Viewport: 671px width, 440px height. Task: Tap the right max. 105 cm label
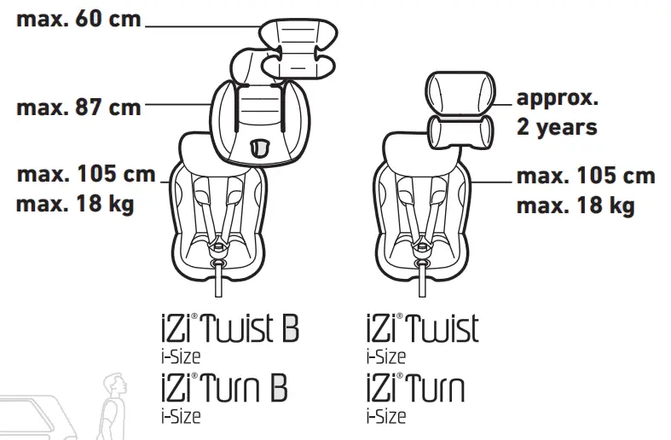587,177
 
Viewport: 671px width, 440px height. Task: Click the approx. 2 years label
558,113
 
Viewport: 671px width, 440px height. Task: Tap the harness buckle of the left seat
218,248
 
